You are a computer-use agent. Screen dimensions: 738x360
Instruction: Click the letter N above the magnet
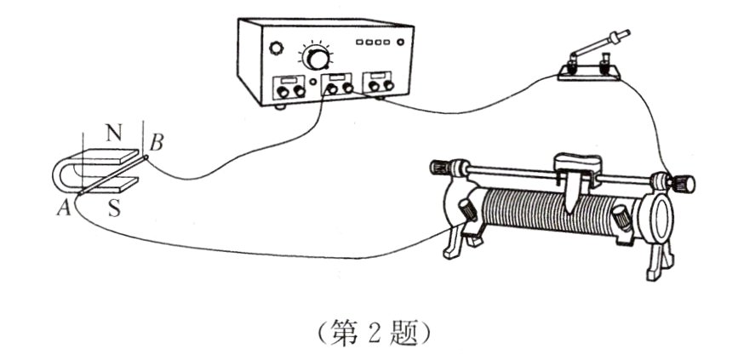click(x=113, y=133)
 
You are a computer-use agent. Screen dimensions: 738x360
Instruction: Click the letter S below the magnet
click(x=114, y=208)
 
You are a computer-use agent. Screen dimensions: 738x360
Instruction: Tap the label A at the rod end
click(x=64, y=208)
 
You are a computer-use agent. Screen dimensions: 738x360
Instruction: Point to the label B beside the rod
click(x=157, y=143)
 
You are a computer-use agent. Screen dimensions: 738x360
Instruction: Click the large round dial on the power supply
click(x=317, y=57)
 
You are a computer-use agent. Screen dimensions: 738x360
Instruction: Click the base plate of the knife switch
click(x=589, y=73)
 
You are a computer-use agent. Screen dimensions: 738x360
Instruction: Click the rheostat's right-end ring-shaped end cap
click(x=661, y=218)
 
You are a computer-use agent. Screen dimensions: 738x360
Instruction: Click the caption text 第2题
click(x=375, y=332)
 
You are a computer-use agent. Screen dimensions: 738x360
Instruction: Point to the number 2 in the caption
click(x=375, y=333)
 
